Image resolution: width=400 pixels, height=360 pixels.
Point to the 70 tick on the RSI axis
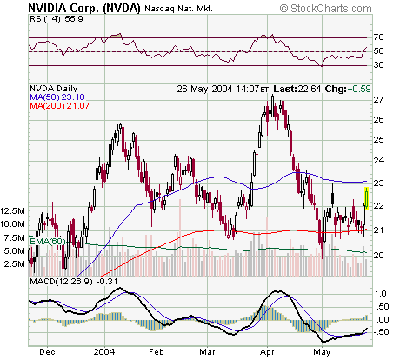pyautogui.click(x=379, y=37)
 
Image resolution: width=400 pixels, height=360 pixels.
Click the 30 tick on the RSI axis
pyautogui.click(x=379, y=66)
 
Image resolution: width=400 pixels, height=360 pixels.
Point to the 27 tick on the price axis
pyautogui.click(x=379, y=100)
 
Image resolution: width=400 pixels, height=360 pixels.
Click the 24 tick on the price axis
pyautogui.click(x=379, y=161)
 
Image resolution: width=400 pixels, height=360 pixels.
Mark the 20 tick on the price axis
pyautogui.click(x=379, y=255)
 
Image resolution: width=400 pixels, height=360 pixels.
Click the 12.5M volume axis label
pyautogui.click(x=15, y=211)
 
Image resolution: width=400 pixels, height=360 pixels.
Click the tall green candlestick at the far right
pyautogui.click(x=367, y=198)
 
